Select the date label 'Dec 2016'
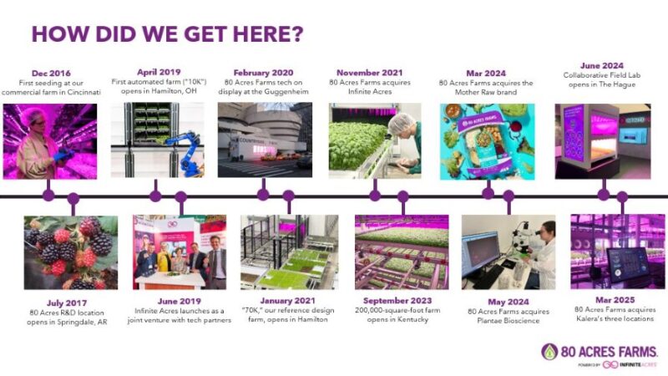[x=51, y=74]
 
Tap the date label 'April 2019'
[x=157, y=73]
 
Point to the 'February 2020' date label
[x=264, y=73]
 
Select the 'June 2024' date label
[x=602, y=64]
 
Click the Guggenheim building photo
[x=264, y=140]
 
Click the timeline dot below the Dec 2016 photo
[x=48, y=196]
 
